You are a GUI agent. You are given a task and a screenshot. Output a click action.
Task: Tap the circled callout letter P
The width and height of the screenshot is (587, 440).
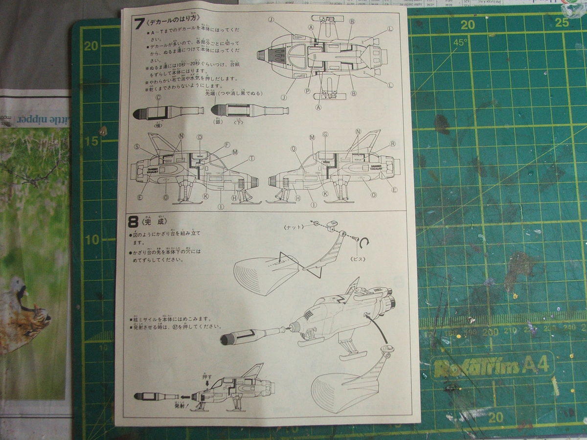(x=307, y=90)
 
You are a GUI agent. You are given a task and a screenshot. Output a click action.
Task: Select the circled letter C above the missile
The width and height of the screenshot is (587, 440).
(x=158, y=97)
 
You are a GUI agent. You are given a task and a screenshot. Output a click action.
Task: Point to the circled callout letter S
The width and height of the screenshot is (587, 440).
(x=136, y=146)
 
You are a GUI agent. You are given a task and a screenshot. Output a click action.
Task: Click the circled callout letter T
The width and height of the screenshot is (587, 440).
(x=251, y=158)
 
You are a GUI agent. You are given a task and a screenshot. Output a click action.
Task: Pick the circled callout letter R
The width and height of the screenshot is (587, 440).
(x=392, y=144)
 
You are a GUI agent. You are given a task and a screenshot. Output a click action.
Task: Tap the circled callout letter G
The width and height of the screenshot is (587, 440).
(x=325, y=134)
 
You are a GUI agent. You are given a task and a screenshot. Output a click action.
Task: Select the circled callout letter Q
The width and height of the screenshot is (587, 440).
(x=293, y=149)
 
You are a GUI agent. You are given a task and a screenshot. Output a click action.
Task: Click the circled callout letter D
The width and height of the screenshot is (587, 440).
(x=200, y=137)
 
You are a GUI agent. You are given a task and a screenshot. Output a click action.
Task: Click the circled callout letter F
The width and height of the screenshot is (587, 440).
(x=227, y=145)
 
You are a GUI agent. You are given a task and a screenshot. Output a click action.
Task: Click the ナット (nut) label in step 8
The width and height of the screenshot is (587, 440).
(x=294, y=227)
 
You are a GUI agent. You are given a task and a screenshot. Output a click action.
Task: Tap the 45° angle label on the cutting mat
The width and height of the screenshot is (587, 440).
(x=460, y=43)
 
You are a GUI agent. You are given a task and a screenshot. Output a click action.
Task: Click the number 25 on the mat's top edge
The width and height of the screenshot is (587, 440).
(x=562, y=22)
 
